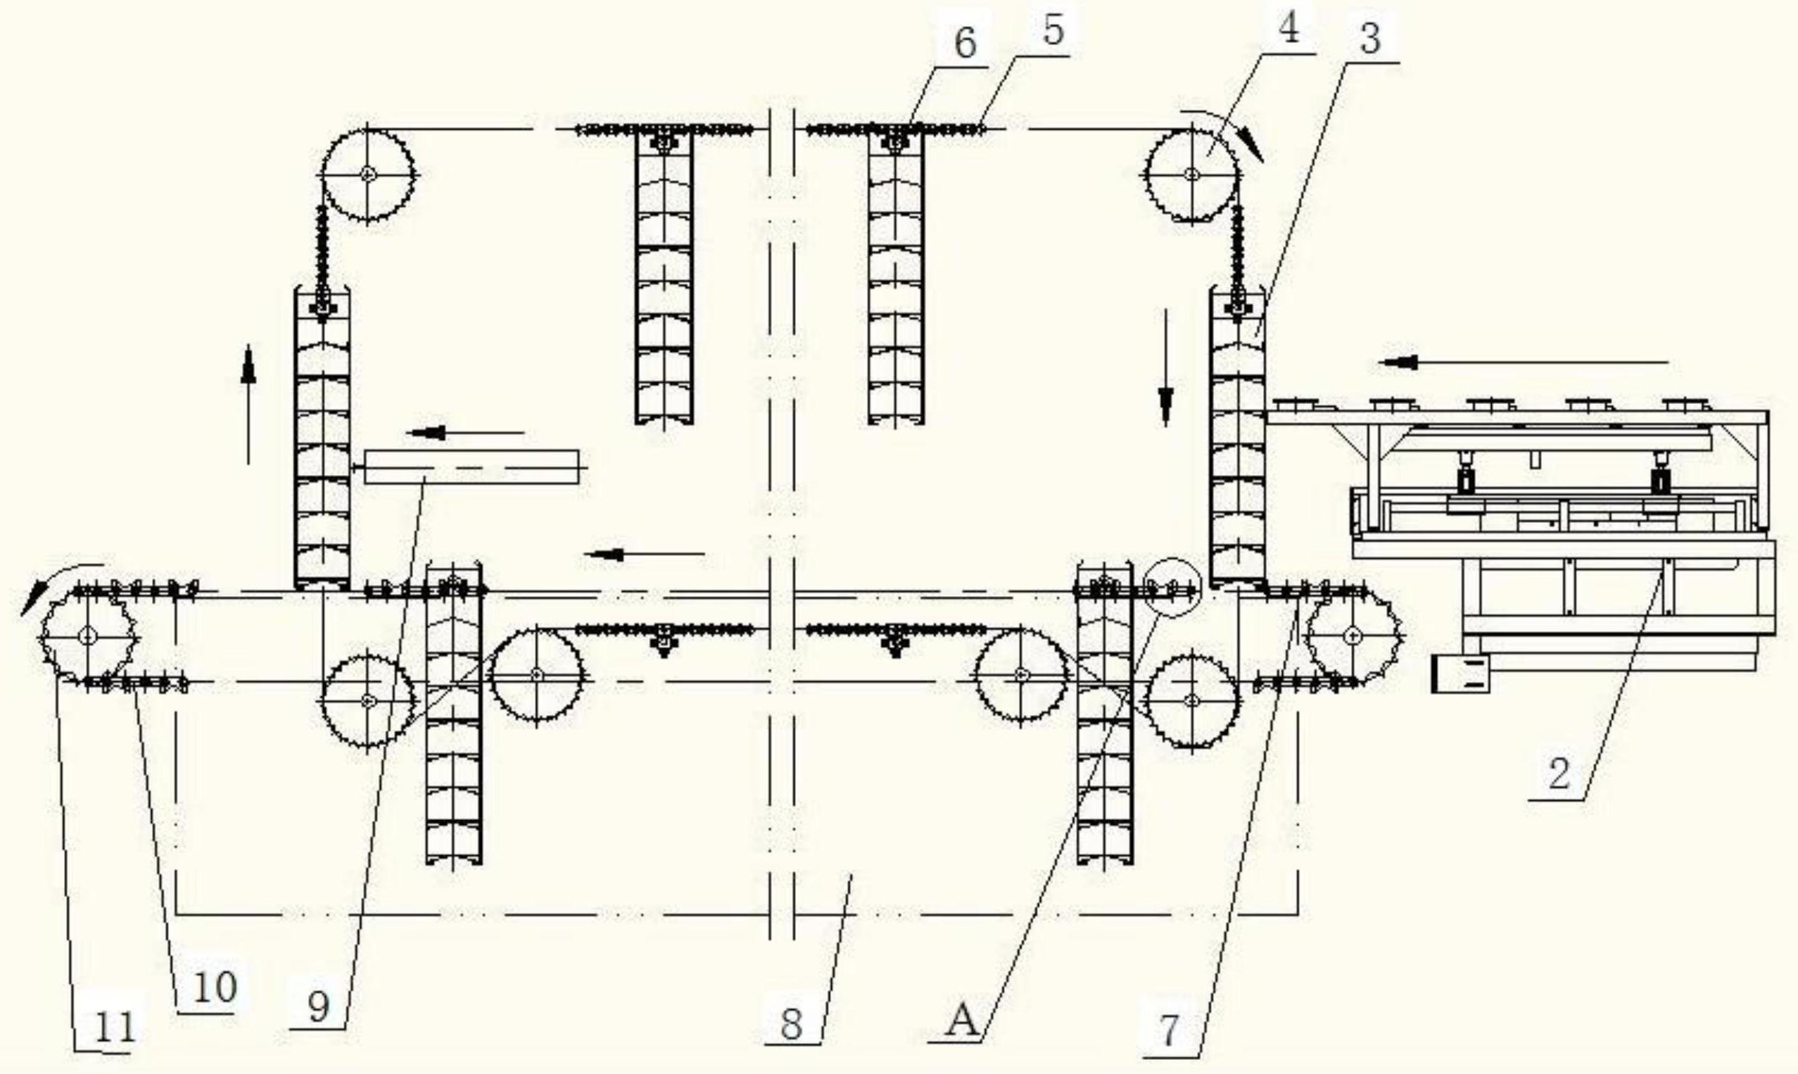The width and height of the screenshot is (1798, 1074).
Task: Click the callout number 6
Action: coord(966,44)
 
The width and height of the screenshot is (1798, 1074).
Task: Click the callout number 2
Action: coord(1559,773)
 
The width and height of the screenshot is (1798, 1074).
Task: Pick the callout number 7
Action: coord(1170,1030)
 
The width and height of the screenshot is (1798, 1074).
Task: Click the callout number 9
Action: coord(318,1006)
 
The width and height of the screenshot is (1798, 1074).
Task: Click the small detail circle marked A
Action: coord(1173,588)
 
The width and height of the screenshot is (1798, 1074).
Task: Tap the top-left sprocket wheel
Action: coord(368,174)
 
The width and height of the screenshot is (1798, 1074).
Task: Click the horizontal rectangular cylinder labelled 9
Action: coord(471,467)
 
